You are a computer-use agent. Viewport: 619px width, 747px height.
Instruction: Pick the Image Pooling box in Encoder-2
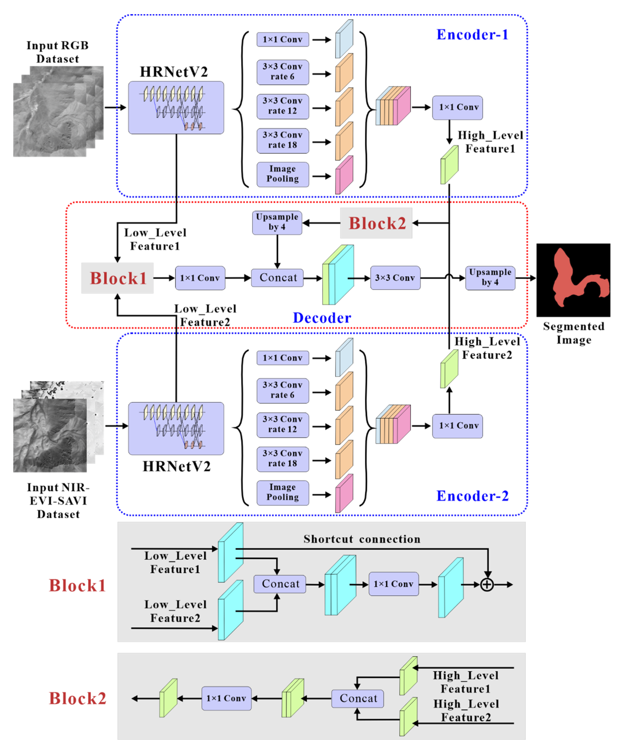pos(282,492)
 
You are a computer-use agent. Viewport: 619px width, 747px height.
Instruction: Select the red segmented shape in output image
pos(566,278)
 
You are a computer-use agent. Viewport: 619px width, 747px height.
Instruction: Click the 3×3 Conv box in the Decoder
pos(395,278)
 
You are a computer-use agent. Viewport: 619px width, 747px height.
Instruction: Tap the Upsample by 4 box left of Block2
pos(277,222)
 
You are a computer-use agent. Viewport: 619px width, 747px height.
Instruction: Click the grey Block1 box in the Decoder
pos(117,278)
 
